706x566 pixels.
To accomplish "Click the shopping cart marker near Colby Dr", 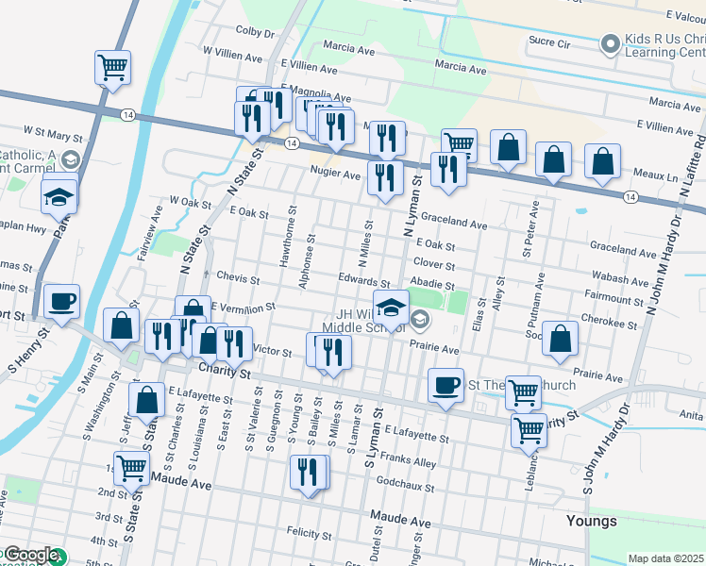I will tap(112, 68).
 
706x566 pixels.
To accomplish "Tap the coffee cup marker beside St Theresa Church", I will tap(445, 385).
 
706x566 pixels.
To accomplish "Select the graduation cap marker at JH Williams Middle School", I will tap(391, 307).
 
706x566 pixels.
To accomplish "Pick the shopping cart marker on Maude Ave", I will tap(133, 465).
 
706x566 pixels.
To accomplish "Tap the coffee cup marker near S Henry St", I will tap(62, 302).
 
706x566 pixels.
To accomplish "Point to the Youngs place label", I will tap(591, 521).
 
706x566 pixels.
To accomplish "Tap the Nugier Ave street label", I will tap(337, 175).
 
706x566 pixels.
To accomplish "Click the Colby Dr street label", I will tap(255, 32).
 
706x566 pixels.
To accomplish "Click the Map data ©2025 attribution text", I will tap(666, 558).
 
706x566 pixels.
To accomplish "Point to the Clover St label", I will tap(434, 264).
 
